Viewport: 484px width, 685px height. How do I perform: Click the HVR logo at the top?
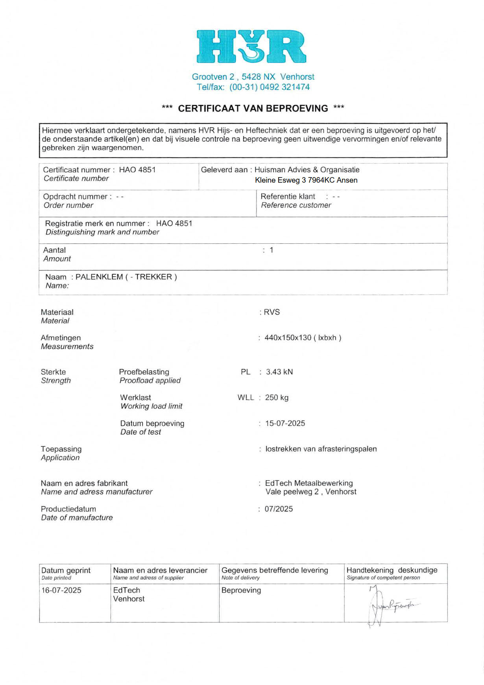(x=251, y=46)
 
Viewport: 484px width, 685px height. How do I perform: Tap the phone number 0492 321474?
(x=284, y=87)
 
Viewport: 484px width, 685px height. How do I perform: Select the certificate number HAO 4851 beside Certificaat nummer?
(x=137, y=170)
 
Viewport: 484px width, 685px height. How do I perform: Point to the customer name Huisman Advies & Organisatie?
(x=307, y=170)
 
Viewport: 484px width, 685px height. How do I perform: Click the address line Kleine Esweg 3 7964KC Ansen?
(x=306, y=180)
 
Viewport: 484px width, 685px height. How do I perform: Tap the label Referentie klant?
(x=288, y=196)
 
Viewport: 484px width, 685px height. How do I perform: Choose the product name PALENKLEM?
(x=99, y=277)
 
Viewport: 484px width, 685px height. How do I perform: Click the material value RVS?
(x=272, y=312)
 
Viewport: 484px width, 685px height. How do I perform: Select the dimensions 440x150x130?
(x=288, y=337)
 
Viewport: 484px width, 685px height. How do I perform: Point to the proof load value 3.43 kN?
(x=279, y=372)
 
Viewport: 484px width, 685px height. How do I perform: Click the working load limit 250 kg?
(x=277, y=397)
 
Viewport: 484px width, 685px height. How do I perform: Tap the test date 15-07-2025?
(x=285, y=423)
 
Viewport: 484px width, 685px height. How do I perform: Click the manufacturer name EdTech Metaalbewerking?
(x=309, y=483)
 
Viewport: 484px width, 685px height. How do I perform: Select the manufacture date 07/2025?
(x=279, y=509)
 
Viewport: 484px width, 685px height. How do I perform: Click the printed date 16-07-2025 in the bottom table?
(x=61, y=590)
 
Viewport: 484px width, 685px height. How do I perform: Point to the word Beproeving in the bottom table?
(x=241, y=590)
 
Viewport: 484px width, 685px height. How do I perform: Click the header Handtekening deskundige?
(x=392, y=570)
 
